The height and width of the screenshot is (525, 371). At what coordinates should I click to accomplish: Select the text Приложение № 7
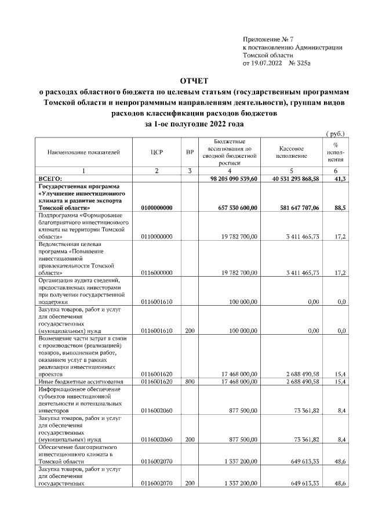(x=268, y=38)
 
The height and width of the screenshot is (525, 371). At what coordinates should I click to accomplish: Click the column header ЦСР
(x=157, y=153)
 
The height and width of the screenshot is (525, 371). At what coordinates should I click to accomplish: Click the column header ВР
(x=190, y=153)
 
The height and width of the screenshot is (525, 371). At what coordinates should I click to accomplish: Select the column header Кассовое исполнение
(x=296, y=153)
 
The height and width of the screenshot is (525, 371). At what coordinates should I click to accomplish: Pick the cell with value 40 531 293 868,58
(x=296, y=179)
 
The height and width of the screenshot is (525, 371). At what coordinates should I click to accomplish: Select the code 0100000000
(x=157, y=207)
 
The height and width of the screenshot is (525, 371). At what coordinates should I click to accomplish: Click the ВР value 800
(x=190, y=381)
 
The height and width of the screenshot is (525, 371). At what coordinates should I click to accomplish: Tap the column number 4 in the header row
(x=230, y=171)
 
